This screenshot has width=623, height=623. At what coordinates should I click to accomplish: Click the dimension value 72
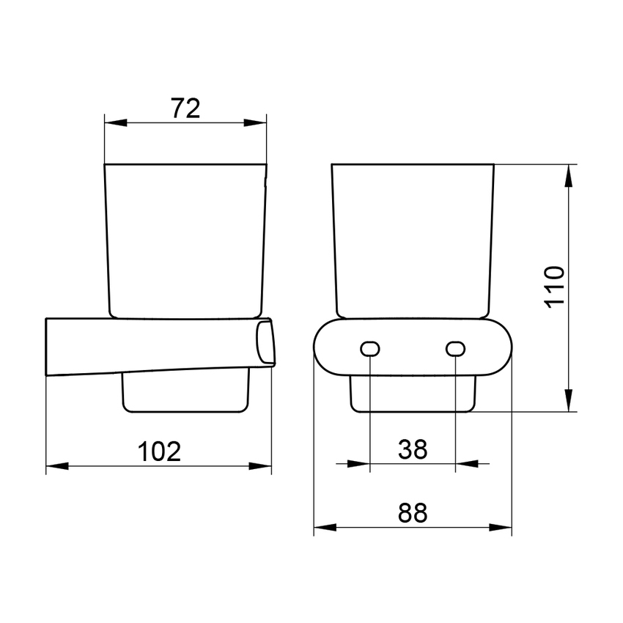coord(185,108)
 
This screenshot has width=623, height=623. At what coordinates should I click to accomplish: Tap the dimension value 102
coord(159,451)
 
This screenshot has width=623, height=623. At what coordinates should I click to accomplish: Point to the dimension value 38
coord(413,449)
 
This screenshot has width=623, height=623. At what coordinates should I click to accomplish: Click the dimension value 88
coord(413,513)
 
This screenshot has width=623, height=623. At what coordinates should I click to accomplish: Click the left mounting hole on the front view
coord(370,349)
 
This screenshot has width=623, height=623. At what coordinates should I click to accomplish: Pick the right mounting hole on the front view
coord(456,349)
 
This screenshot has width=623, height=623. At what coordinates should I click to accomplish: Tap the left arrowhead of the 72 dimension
coord(116,123)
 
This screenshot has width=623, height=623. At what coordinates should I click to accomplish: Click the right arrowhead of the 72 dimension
coord(255,123)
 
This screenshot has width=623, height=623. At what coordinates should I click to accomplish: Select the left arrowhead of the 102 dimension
coord(58,465)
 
